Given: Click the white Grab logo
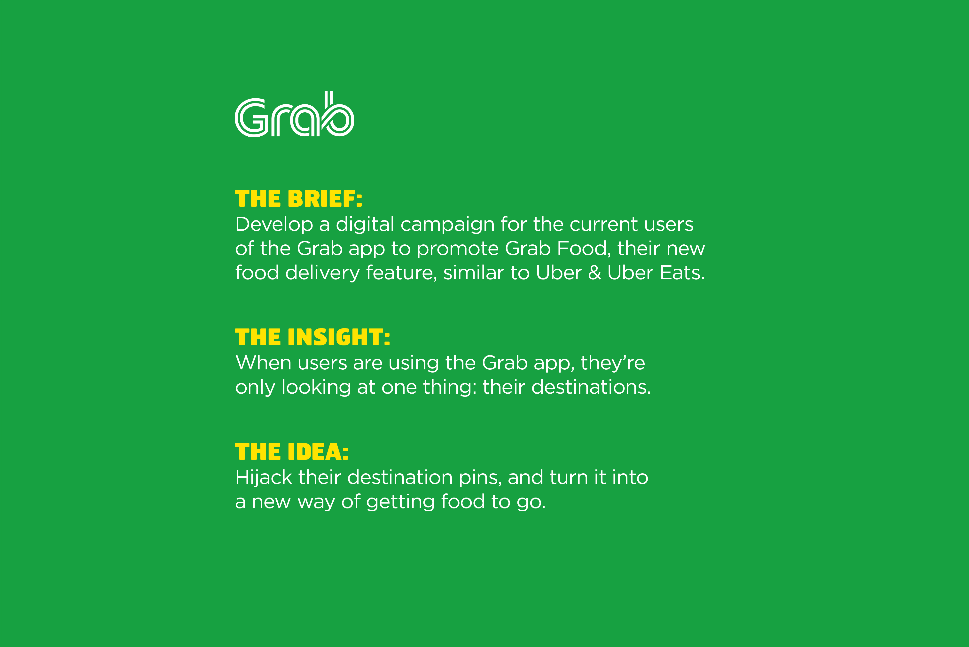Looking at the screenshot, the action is (x=294, y=114).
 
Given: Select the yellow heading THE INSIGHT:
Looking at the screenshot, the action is (x=313, y=337).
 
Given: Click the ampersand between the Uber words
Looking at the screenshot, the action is (x=595, y=273).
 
